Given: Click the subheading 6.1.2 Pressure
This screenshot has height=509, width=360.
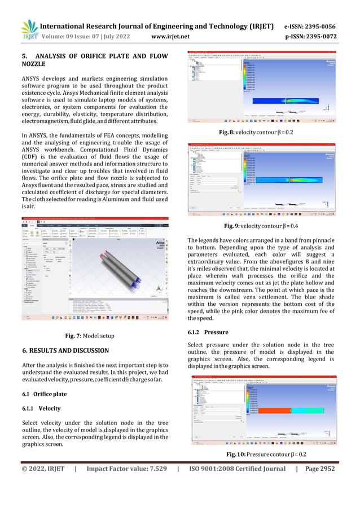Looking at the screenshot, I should click(208, 333).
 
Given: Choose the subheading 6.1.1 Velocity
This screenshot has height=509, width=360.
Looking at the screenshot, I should click(42, 408).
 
